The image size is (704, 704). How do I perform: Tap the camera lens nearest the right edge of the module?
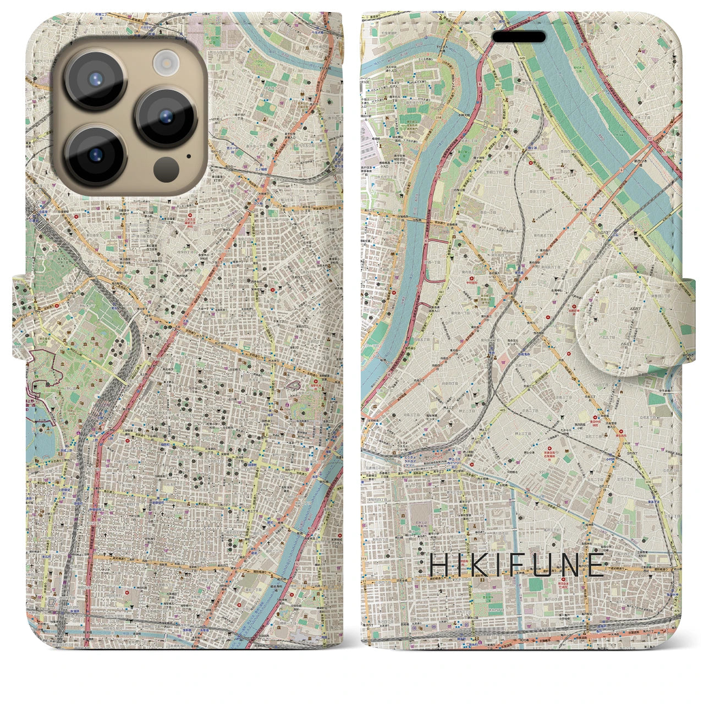[x=166, y=117]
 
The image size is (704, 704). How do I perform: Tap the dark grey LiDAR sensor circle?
[x=166, y=167]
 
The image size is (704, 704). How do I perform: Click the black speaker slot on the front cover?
[x=518, y=37]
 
